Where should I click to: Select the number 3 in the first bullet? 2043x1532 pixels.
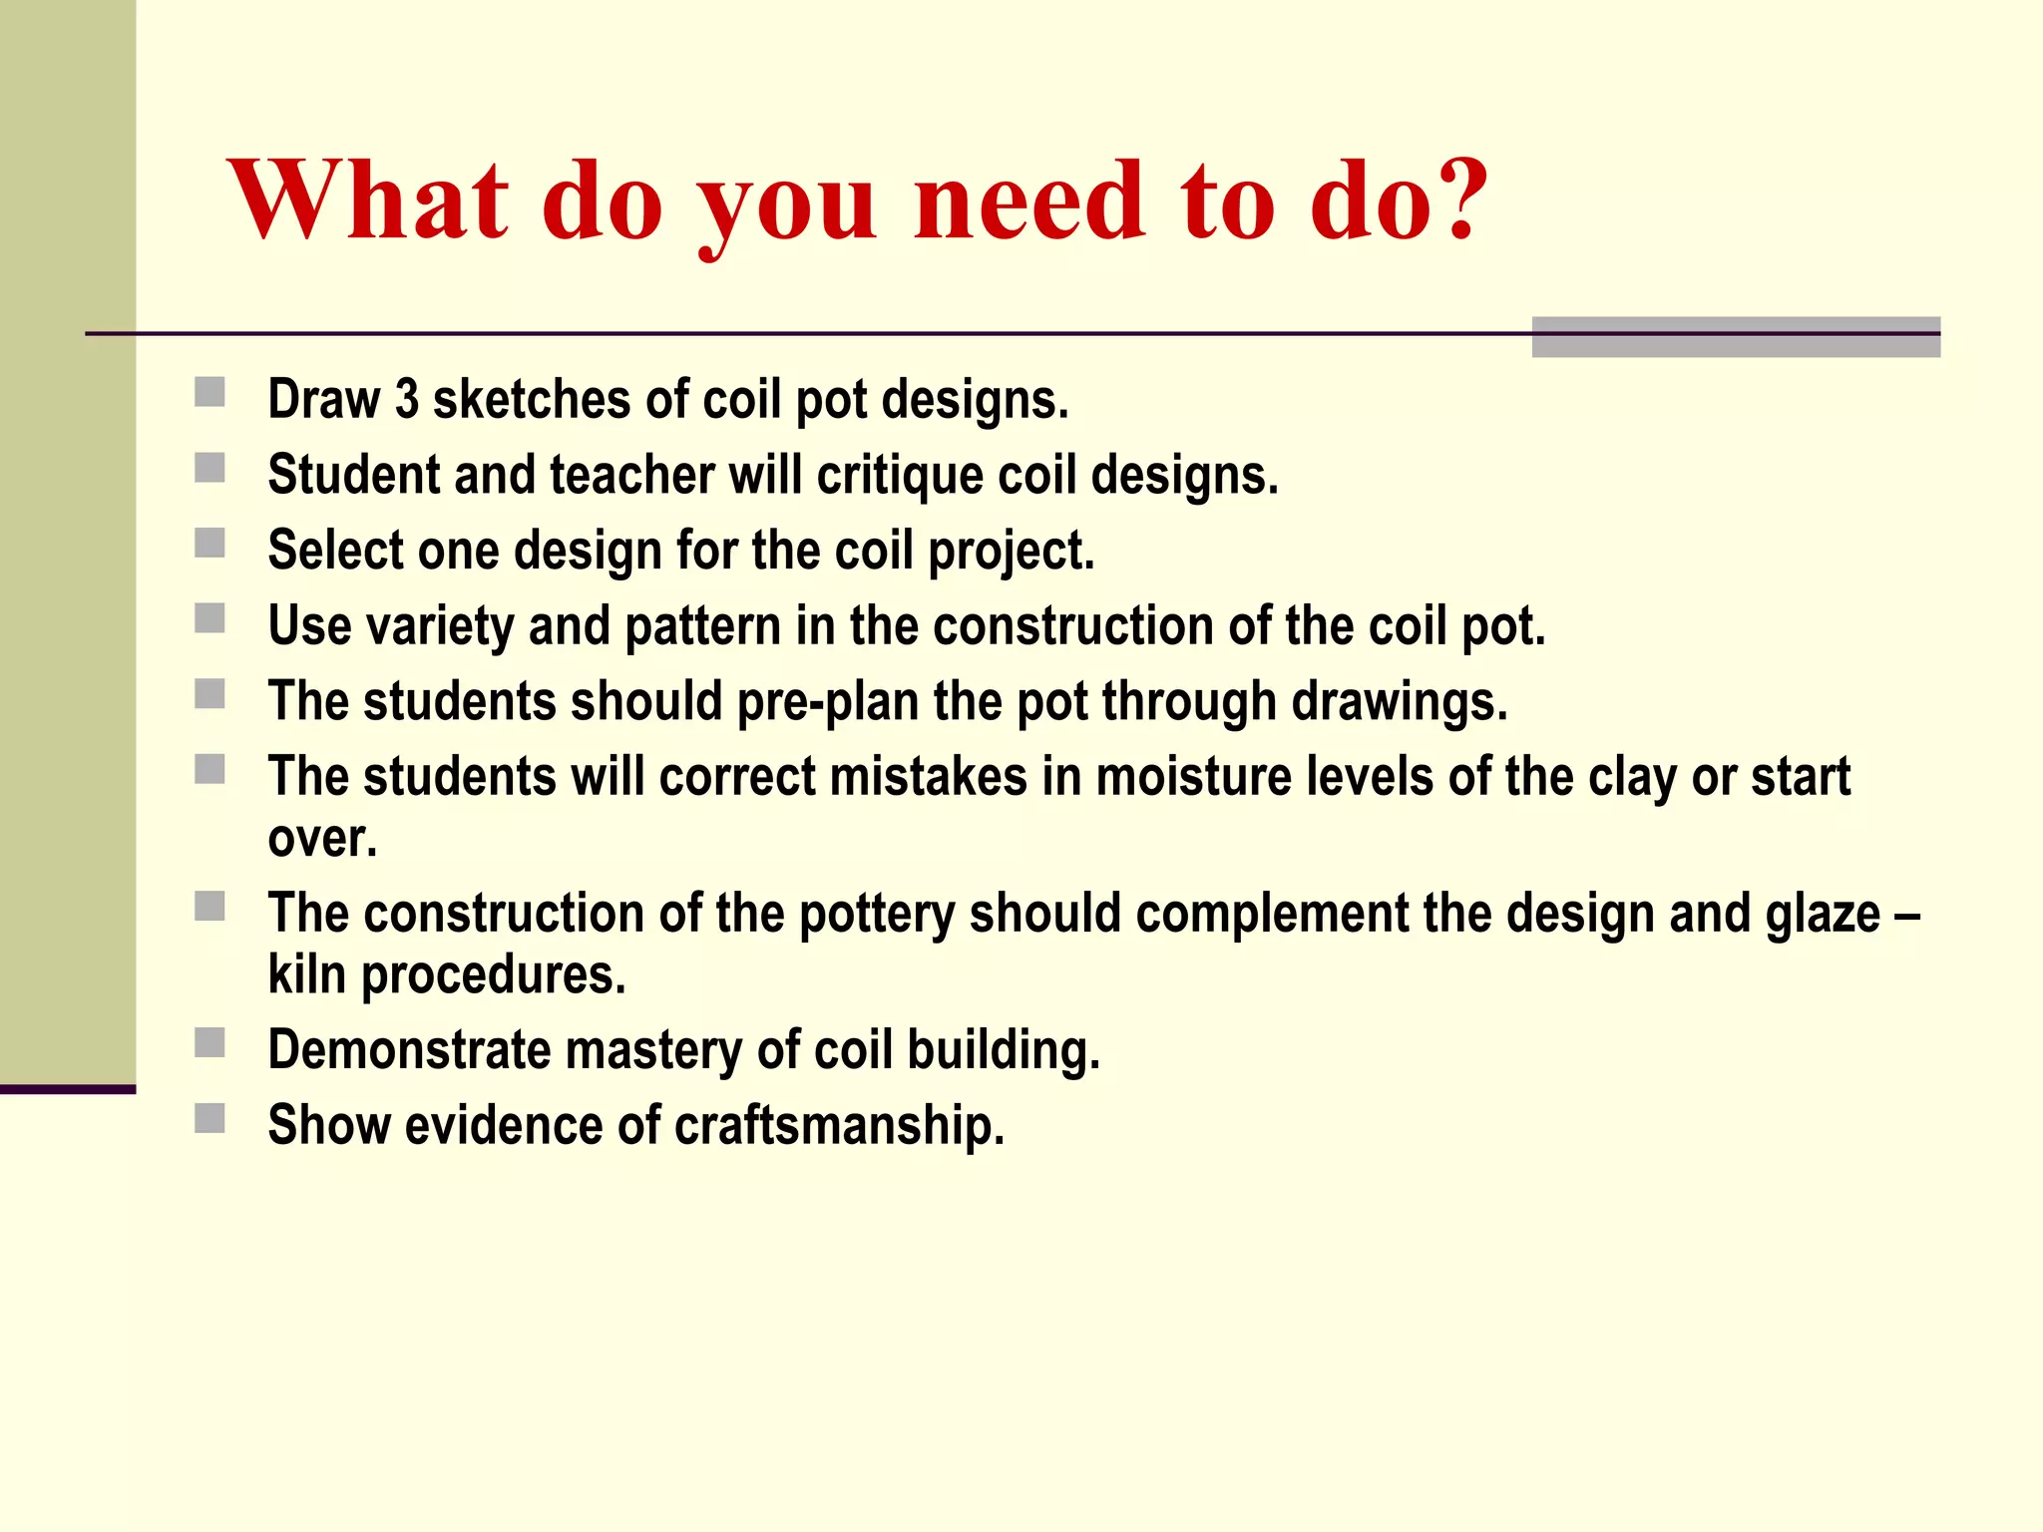point(407,399)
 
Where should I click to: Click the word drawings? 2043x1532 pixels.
point(1399,702)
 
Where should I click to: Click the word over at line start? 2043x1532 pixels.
point(321,839)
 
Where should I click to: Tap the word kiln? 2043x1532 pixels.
point(306,974)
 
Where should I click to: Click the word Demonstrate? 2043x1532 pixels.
point(408,1050)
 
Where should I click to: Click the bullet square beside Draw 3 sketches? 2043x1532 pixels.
point(209,392)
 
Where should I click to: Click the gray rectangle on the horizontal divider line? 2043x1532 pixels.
point(1735,337)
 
